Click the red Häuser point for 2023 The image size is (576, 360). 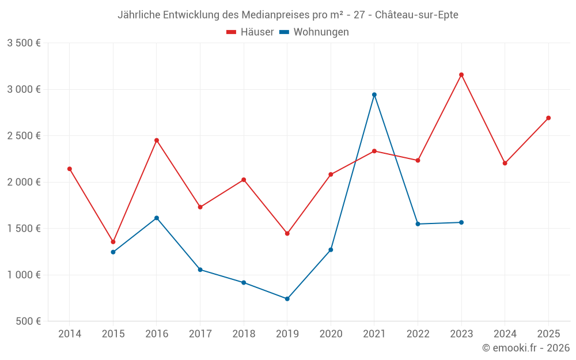(x=461, y=74)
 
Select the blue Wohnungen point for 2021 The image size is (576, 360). (x=374, y=94)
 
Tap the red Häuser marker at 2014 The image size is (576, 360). (x=70, y=169)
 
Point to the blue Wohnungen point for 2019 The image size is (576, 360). (x=287, y=298)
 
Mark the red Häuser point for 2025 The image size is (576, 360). (x=548, y=118)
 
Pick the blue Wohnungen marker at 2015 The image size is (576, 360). (x=113, y=252)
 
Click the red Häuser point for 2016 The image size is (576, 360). (x=157, y=140)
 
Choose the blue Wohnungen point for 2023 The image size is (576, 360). (x=461, y=222)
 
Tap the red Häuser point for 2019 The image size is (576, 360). (x=287, y=233)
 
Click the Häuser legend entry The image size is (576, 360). (x=250, y=32)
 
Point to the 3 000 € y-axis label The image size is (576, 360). (x=24, y=89)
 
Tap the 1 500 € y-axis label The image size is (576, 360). (x=24, y=228)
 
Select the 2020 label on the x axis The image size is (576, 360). (x=331, y=334)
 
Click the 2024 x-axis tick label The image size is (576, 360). (x=505, y=334)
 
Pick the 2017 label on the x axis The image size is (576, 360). (x=200, y=334)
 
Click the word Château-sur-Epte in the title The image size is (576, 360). (x=416, y=15)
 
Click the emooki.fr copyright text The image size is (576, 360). (x=526, y=348)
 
